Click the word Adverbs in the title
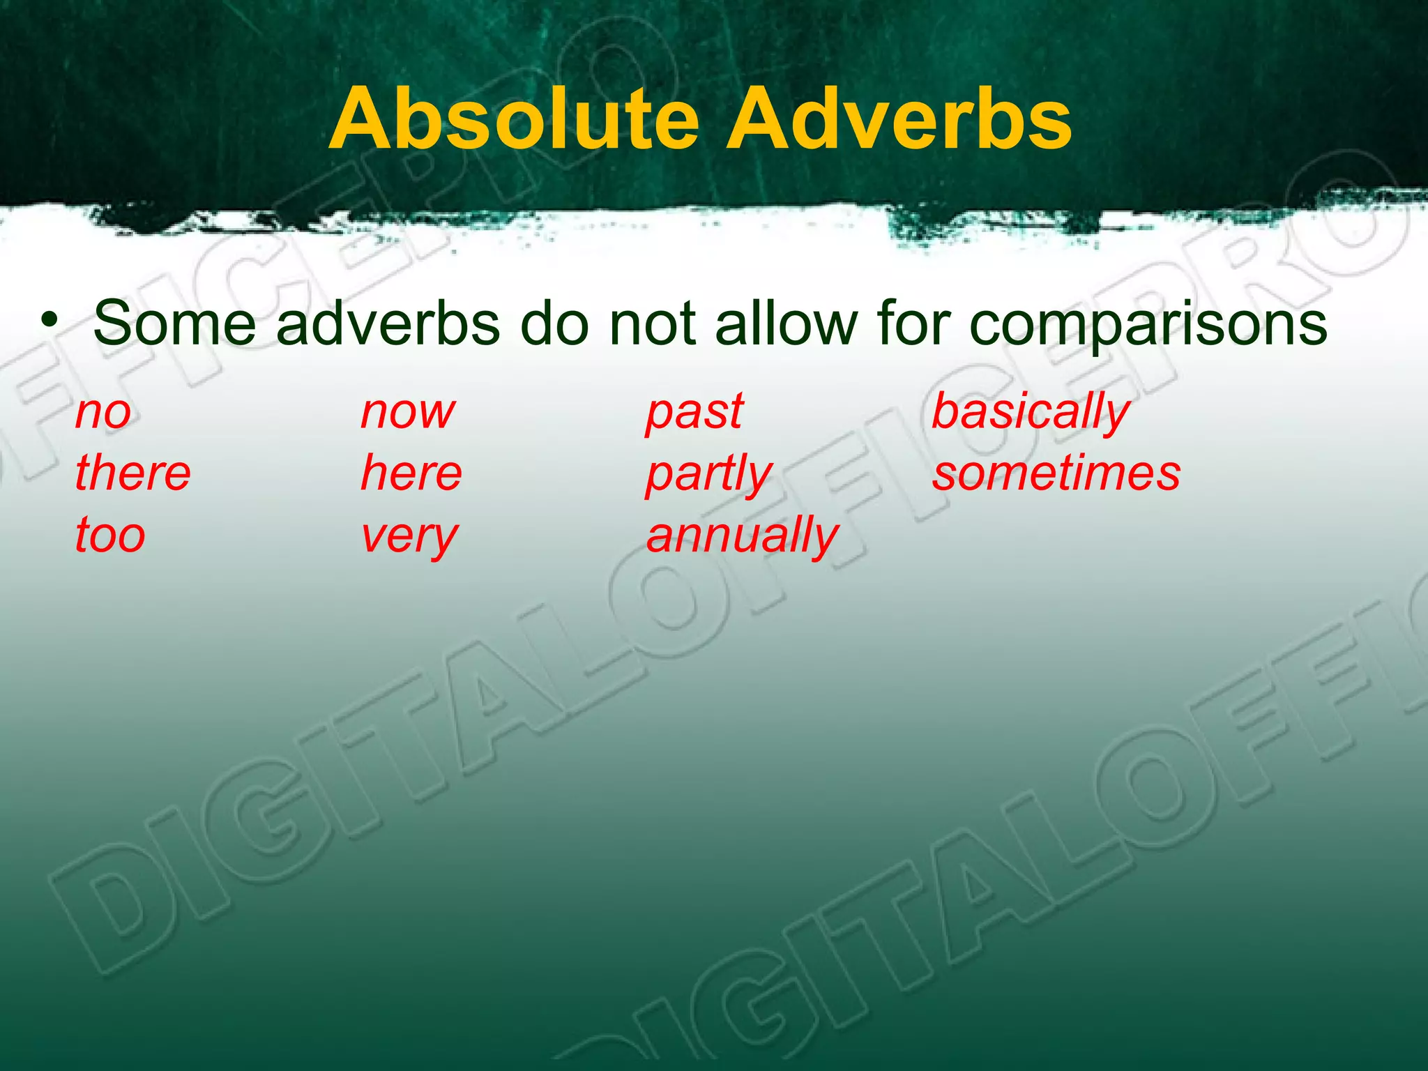(899, 119)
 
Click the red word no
(103, 413)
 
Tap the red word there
(132, 473)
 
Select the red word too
(110, 535)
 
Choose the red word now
(408, 413)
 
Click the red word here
(411, 473)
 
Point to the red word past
(694, 413)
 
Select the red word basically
(1031, 413)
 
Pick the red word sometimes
(1056, 473)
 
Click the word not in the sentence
(652, 323)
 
